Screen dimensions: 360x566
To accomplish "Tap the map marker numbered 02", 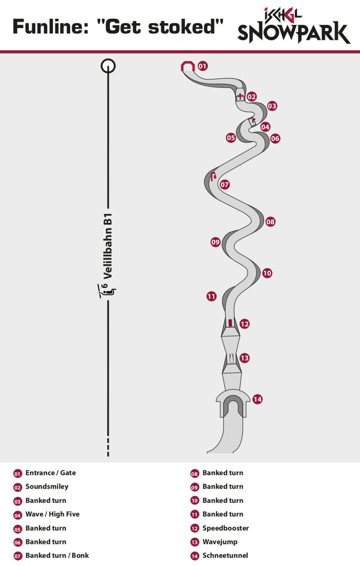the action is pyautogui.click(x=251, y=97).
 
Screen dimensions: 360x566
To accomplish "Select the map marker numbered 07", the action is pyautogui.click(x=224, y=185).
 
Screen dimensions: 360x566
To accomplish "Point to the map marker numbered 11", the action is pyautogui.click(x=211, y=296).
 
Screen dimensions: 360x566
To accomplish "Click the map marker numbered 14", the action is pyautogui.click(x=257, y=399).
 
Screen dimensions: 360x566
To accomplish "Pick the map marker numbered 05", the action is pyautogui.click(x=231, y=138).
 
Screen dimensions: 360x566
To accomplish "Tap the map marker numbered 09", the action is pyautogui.click(x=215, y=242).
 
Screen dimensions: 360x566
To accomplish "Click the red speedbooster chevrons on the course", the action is pyautogui.click(x=230, y=323).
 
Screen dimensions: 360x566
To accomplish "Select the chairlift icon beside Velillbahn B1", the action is pyautogui.click(x=107, y=291).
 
